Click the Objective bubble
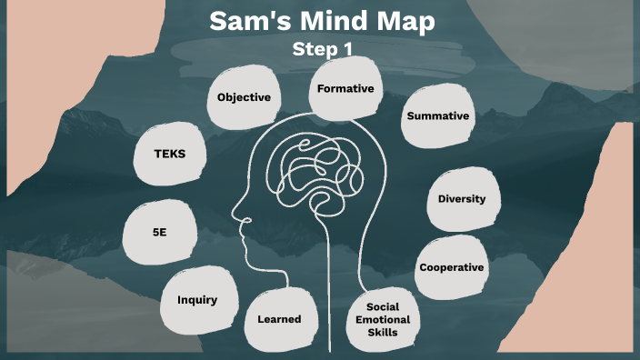pos(244,95)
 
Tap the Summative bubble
pos(437,115)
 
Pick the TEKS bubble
pos(169,154)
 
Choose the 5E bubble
pos(160,233)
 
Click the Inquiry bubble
pos(196,300)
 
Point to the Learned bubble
pos(278,318)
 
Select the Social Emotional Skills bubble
pos(383,319)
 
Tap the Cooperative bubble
pos(451,267)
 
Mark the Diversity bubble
pos(461,199)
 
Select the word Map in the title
pos(405,22)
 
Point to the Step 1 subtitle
pos(321,48)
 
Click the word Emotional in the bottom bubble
pos(383,319)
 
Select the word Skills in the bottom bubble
pos(383,333)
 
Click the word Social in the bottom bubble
pos(383,306)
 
